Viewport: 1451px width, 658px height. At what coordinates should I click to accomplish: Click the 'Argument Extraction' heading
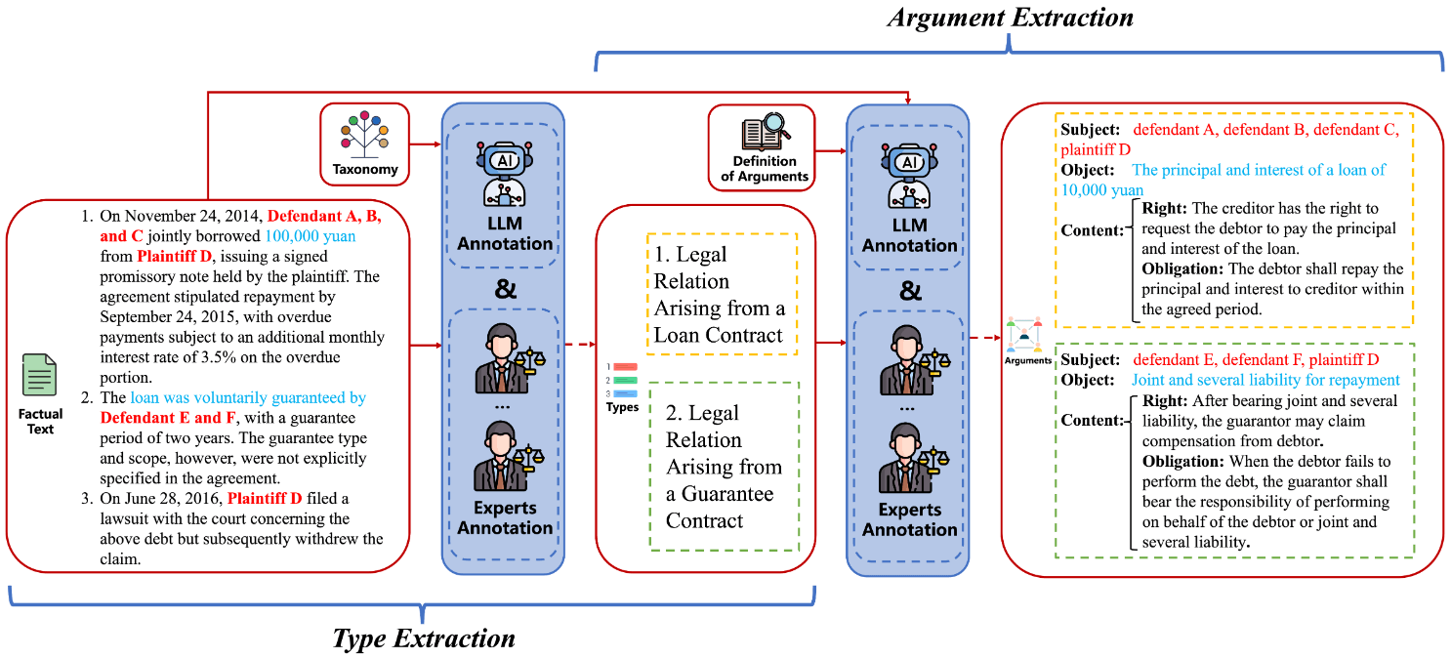point(1011,19)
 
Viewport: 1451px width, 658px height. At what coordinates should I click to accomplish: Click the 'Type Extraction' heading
point(423,638)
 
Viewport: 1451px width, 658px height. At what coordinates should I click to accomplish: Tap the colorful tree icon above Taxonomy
point(364,136)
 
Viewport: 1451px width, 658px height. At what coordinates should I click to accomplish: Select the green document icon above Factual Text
point(40,376)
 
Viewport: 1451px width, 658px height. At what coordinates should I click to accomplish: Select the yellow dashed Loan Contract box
point(722,294)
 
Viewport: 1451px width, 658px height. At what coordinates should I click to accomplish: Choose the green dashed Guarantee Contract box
point(724,467)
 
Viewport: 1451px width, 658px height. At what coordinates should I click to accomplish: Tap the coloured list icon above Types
point(622,380)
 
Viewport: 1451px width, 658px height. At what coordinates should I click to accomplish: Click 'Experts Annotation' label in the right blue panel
point(908,519)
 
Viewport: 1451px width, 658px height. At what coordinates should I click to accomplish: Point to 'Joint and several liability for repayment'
point(1265,380)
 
